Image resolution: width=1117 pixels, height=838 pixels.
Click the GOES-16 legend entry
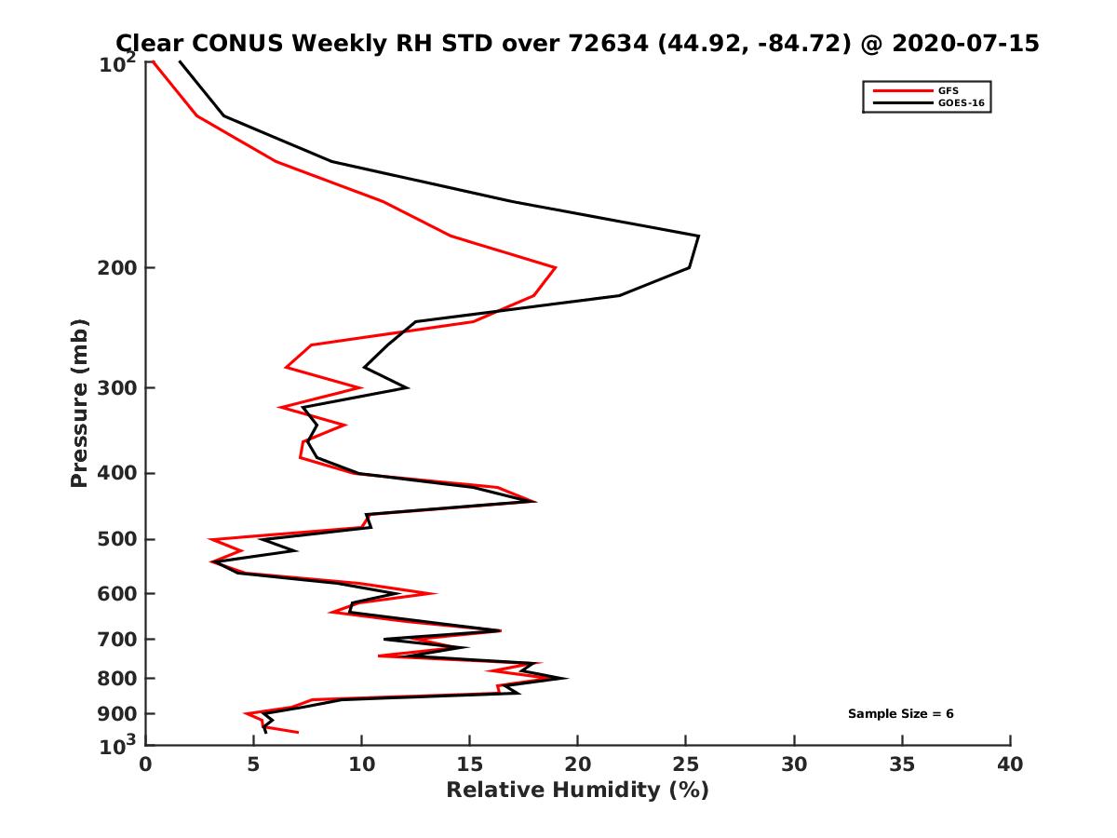[958, 102]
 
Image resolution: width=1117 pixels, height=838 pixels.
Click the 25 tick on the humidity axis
[686, 764]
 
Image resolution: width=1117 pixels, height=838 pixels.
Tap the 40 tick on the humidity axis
[1010, 764]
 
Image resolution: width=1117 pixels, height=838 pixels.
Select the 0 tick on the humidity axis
[146, 764]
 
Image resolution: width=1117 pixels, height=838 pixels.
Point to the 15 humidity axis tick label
[470, 764]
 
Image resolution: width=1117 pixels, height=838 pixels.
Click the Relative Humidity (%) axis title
[577, 791]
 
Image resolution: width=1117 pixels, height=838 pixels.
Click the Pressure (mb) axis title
[79, 402]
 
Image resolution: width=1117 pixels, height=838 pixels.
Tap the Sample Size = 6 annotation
[900, 714]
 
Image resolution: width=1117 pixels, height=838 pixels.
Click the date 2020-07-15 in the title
[962, 43]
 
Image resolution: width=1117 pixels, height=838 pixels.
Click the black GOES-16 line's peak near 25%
[697, 237]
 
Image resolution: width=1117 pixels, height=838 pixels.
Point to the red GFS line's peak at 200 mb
[556, 268]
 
